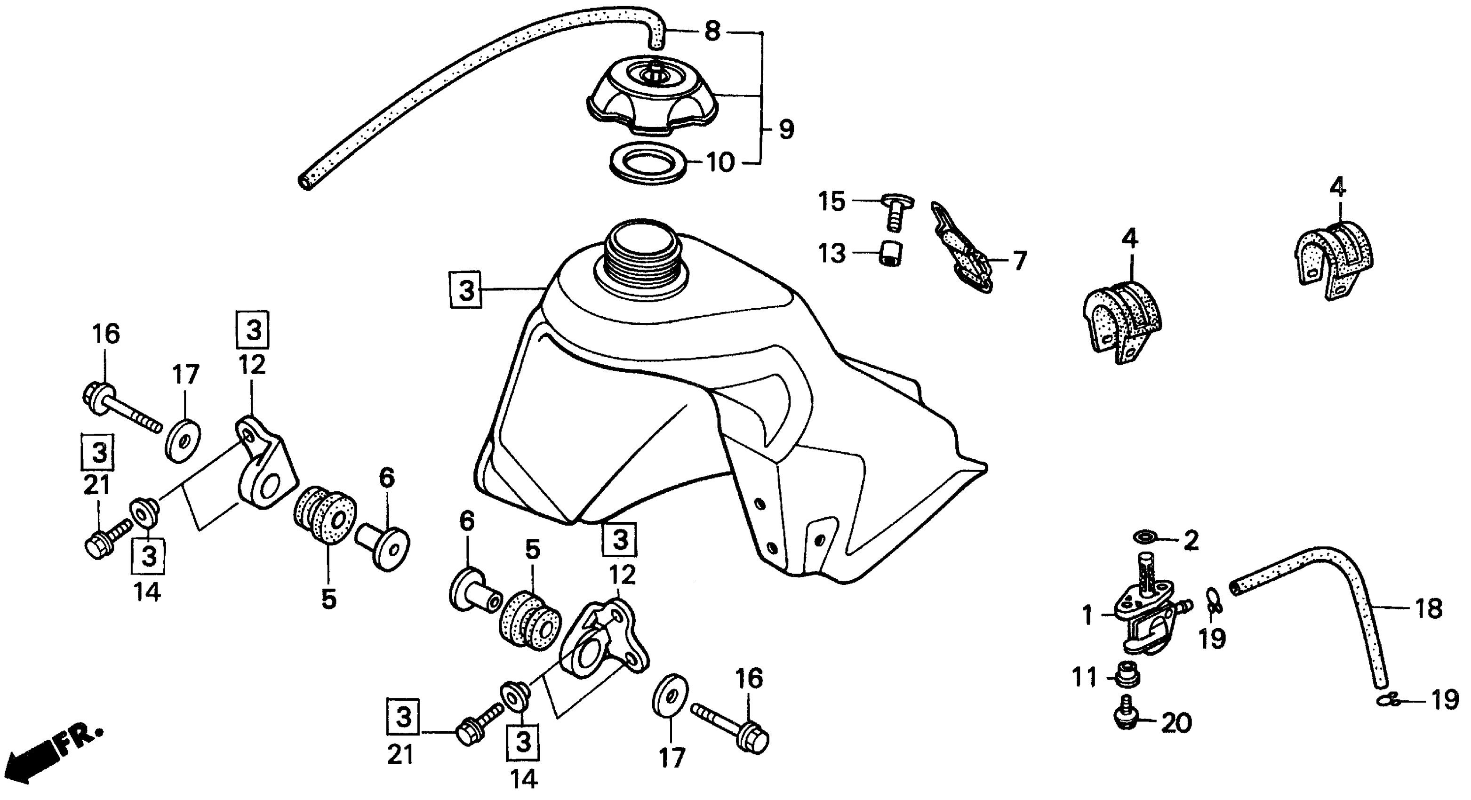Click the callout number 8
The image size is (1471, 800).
pos(712,31)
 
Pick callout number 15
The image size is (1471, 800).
pos(831,201)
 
